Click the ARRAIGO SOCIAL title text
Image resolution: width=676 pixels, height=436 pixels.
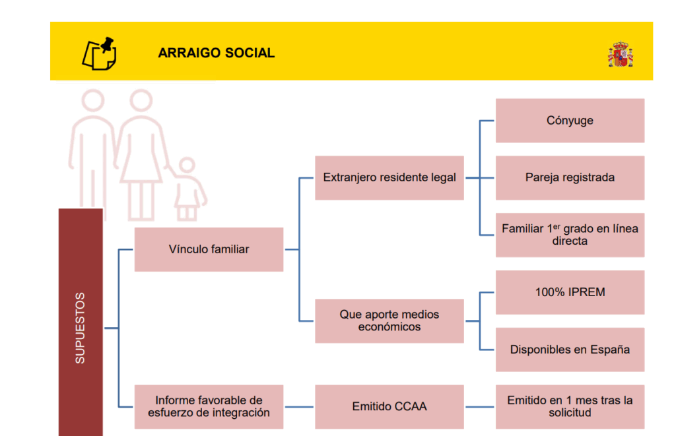tap(216, 53)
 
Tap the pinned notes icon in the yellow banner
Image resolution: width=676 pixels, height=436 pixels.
tap(100, 53)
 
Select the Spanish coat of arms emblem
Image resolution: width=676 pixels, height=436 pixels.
tap(621, 54)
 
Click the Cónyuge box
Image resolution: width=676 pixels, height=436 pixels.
tap(570, 120)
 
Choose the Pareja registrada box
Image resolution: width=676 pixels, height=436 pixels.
tap(570, 177)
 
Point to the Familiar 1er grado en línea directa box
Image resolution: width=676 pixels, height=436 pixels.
tap(570, 235)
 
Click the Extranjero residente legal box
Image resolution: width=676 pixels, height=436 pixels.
tap(389, 177)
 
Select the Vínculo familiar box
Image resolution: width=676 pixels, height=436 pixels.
tap(209, 249)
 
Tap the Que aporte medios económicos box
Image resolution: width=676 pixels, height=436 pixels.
tap(389, 321)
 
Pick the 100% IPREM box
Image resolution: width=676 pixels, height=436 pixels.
tap(570, 292)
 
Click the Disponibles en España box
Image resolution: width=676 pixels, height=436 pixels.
tap(570, 350)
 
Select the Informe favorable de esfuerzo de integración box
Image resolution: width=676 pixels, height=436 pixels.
tap(209, 406)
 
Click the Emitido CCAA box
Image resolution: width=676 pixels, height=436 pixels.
tap(389, 406)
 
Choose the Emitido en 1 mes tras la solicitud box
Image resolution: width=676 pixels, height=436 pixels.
tap(570, 406)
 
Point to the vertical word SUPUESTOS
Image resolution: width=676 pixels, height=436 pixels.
tap(80, 328)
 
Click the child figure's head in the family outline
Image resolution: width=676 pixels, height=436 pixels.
tap(187, 166)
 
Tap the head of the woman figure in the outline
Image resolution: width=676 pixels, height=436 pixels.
tap(141, 100)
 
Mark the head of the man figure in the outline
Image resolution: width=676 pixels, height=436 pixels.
tap(93, 100)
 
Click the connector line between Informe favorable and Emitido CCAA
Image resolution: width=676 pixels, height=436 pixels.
tap(299, 407)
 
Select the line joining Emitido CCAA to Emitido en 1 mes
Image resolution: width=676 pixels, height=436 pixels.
tap(480, 407)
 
